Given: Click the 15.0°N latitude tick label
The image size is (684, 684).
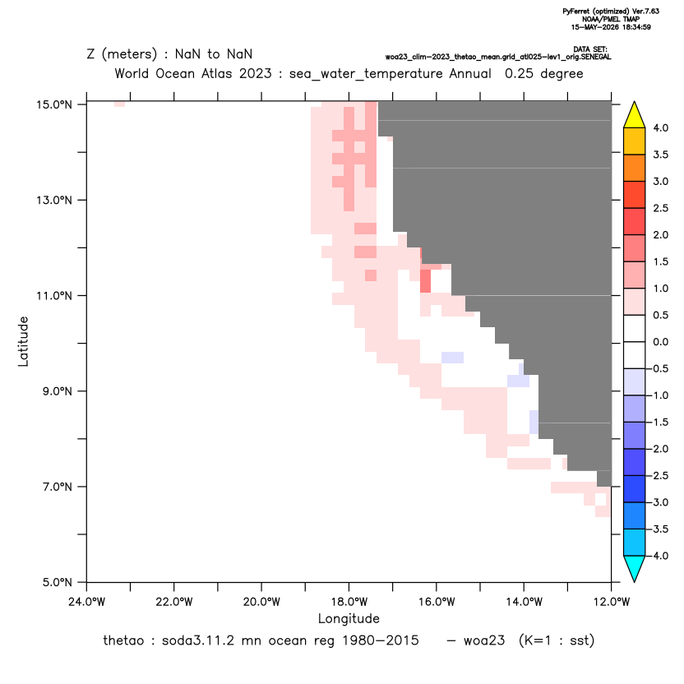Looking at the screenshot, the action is point(54,104).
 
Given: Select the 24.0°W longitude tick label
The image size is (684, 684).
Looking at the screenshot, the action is point(87,602).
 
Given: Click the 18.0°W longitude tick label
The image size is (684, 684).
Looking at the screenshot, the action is point(349,602).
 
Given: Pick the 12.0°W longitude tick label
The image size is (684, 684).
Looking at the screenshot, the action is point(612,602).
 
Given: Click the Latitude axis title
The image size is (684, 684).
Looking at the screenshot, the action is point(23,341).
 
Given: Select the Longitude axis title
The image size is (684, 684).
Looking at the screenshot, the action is point(349,618).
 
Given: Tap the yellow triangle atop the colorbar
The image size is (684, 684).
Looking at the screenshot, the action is point(635,115).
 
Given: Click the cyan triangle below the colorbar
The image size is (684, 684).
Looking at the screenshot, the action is point(635,569).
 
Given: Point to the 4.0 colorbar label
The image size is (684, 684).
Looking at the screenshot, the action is point(660,127).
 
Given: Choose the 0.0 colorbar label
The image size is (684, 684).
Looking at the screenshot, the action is point(660,342).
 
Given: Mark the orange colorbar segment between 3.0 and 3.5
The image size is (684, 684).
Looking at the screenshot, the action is point(635,168).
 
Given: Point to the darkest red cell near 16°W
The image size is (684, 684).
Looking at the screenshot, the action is point(425,281).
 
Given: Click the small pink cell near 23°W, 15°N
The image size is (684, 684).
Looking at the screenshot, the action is point(119,104).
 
